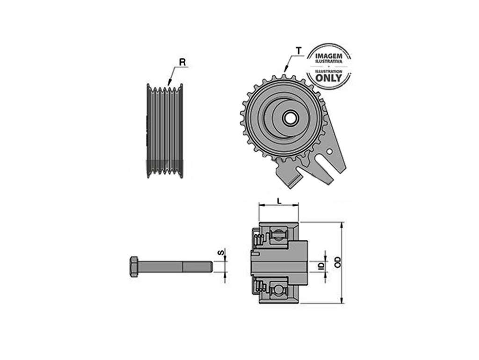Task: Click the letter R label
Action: (182, 62)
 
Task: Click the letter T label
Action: (298, 50)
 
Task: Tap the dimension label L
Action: (279, 201)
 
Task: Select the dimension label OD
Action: (337, 262)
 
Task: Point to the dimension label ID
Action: (321, 266)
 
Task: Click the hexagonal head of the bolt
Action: (134, 266)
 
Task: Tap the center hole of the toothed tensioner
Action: (288, 118)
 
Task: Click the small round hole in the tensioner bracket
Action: (329, 151)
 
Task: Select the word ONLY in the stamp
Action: (328, 78)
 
